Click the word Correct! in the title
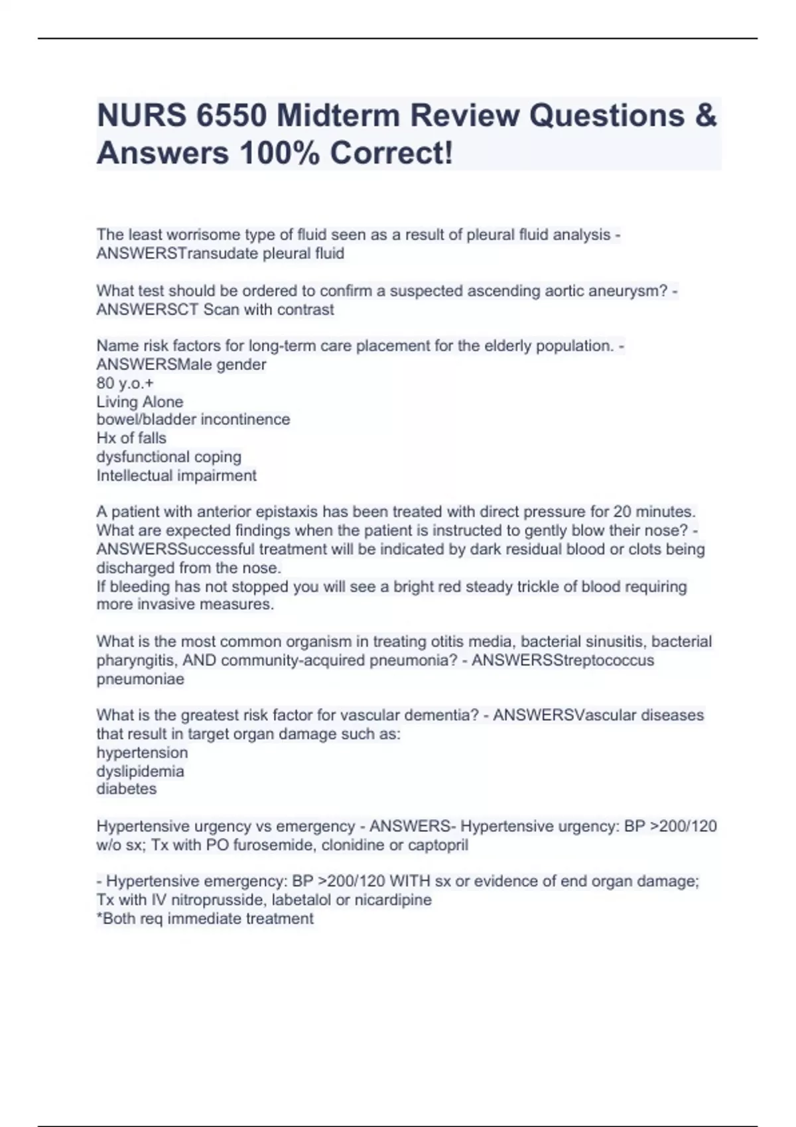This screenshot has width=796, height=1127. pos(392,153)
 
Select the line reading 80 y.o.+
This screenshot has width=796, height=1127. pos(125,383)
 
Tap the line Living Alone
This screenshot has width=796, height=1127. pos(139,402)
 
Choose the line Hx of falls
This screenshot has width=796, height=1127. pos(131,438)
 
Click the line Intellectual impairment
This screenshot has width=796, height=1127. pos(176,475)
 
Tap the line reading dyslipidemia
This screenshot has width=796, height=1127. pos(140,771)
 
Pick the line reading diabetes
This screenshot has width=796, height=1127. pos(127,789)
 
